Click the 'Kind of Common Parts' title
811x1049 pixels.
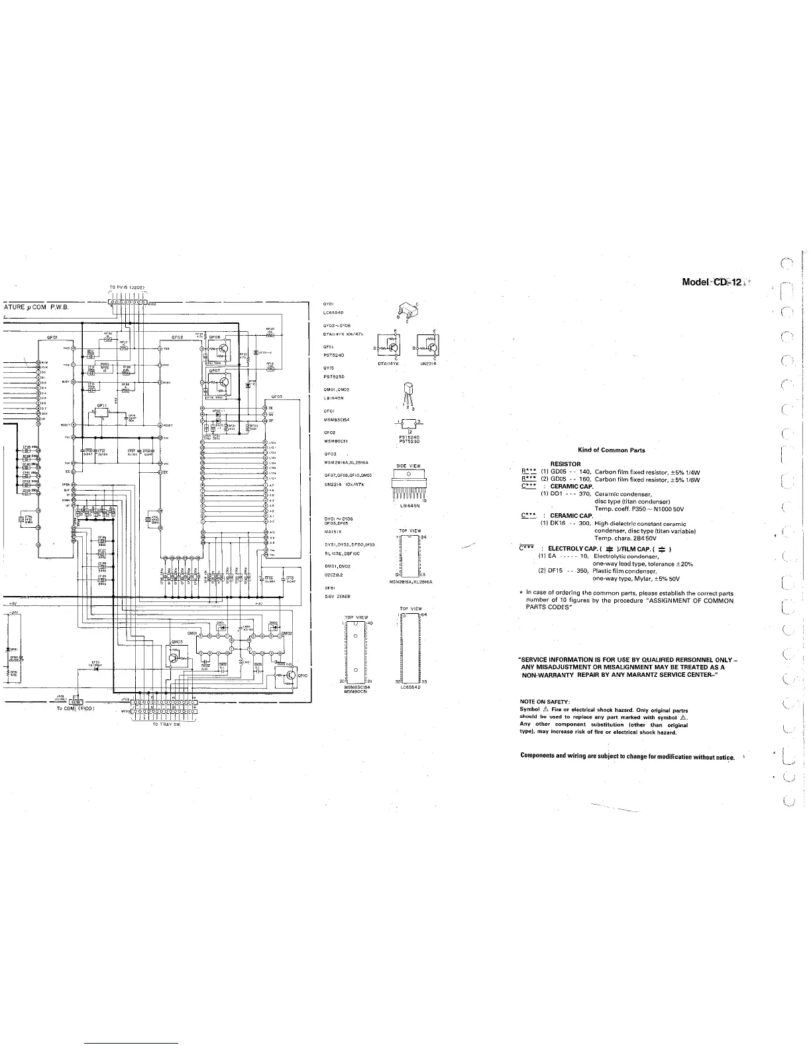[612, 450]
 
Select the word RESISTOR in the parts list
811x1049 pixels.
[565, 464]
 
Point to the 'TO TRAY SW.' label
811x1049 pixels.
[167, 724]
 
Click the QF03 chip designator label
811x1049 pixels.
[277, 396]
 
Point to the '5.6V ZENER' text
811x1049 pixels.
[337, 597]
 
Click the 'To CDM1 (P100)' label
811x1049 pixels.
[77, 708]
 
